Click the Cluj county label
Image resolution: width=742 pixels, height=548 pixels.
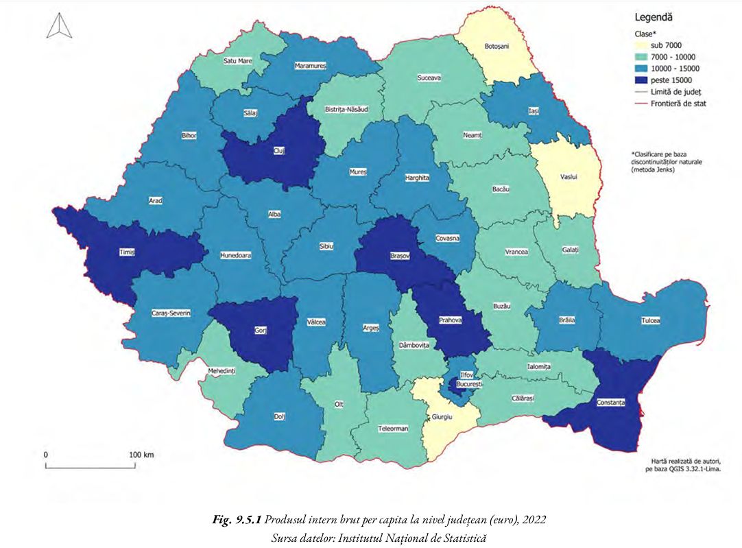(278, 150)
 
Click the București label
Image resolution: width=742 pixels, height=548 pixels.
(466, 385)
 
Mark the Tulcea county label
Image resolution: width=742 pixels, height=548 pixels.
(650, 320)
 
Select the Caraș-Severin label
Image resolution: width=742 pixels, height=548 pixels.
(171, 313)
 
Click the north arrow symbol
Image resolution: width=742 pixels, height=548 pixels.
(57, 25)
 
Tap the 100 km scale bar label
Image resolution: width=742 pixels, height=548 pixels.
(141, 455)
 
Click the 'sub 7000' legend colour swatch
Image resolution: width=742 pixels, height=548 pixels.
(641, 45)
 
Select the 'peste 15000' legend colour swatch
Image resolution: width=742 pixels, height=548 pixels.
(641, 80)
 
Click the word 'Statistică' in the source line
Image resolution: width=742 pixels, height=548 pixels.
(463, 537)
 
